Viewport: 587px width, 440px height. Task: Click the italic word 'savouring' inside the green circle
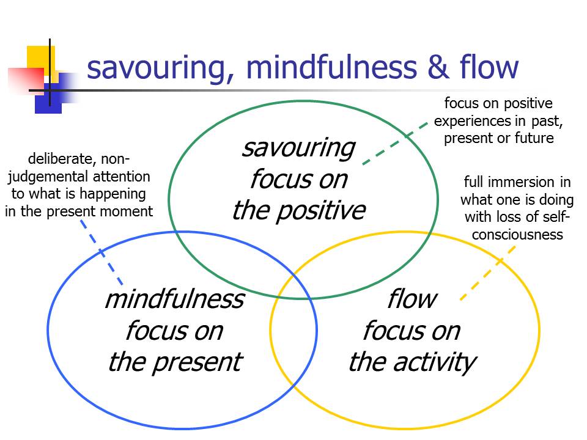pyautogui.click(x=298, y=148)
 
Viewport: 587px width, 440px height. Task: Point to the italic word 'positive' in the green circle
pyautogui.click(x=320, y=211)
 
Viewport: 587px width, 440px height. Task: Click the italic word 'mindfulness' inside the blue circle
pyautogui.click(x=175, y=299)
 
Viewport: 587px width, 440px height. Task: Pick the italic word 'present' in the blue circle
pyautogui.click(x=198, y=362)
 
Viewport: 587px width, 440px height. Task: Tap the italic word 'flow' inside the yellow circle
pyautogui.click(x=412, y=299)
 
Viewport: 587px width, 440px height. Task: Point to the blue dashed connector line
pyautogui.click(x=102, y=252)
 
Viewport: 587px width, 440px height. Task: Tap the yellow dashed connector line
pyautogui.click(x=488, y=273)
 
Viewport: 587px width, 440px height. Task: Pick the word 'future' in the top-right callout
pyautogui.click(x=534, y=138)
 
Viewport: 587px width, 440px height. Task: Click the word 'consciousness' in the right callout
pyautogui.click(x=517, y=235)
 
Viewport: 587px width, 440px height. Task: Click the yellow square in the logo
pyautogui.click(x=41, y=59)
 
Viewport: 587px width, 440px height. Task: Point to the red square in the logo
pyautogui.click(x=26, y=79)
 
